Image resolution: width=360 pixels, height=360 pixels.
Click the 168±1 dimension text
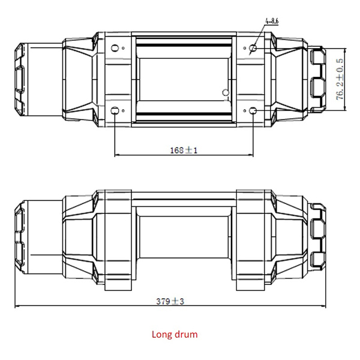click(x=183, y=150)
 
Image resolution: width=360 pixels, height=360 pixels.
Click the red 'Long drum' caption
click(x=174, y=334)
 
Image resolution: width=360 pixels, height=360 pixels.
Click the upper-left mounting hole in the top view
click(x=115, y=47)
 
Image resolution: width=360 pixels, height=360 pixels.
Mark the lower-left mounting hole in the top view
click(x=115, y=110)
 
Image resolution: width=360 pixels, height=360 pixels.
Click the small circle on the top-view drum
click(x=226, y=93)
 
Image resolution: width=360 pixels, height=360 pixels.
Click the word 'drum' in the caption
click(x=185, y=334)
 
